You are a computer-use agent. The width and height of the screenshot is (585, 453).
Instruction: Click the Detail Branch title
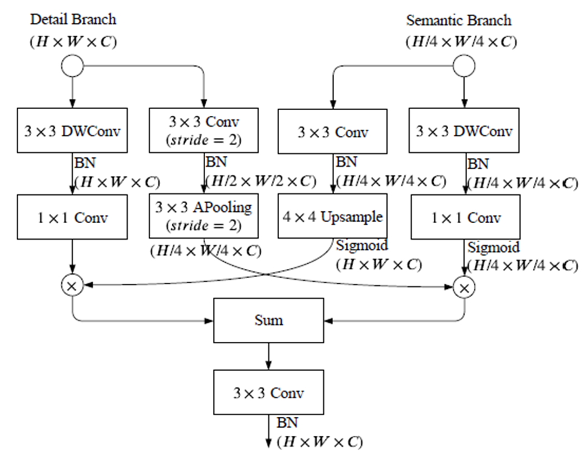(x=73, y=19)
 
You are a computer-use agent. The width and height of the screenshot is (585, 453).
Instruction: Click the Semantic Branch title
(x=459, y=21)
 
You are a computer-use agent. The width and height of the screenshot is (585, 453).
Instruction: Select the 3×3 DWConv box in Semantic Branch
(x=464, y=132)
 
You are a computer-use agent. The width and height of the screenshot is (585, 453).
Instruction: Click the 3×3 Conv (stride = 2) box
(x=204, y=132)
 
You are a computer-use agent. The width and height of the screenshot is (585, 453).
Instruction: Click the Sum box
(x=269, y=321)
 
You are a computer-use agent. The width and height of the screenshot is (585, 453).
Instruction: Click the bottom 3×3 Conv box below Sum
(x=269, y=393)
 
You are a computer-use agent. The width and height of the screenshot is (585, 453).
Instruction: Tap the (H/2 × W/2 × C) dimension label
(x=261, y=181)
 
